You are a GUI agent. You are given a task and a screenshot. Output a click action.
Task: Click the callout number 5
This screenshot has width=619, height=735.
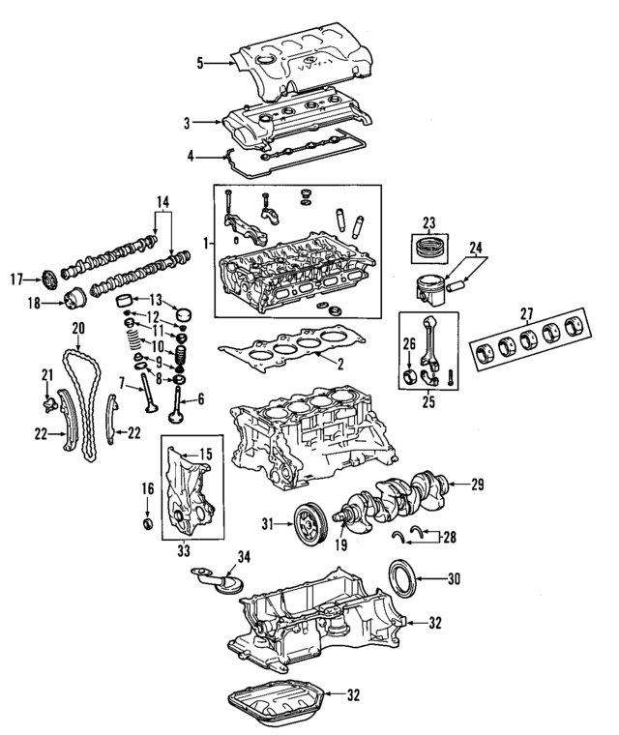[x=200, y=64]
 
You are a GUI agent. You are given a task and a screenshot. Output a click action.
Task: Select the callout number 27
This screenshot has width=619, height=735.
[x=526, y=313]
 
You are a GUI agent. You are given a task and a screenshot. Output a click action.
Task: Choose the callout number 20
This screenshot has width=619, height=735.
[x=78, y=328]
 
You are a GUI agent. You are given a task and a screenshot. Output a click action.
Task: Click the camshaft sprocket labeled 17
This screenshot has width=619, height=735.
[x=44, y=279]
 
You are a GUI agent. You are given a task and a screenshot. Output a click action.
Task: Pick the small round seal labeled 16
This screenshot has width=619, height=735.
[x=147, y=524]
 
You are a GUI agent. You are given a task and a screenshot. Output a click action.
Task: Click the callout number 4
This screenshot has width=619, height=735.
[x=191, y=155]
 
